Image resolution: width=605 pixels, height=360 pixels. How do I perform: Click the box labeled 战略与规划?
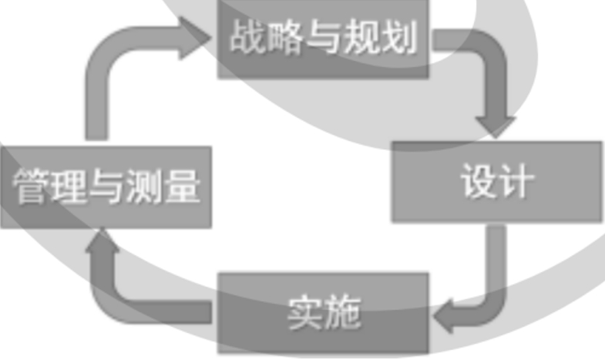[324, 39]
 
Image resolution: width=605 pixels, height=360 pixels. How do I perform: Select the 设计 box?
[497, 182]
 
